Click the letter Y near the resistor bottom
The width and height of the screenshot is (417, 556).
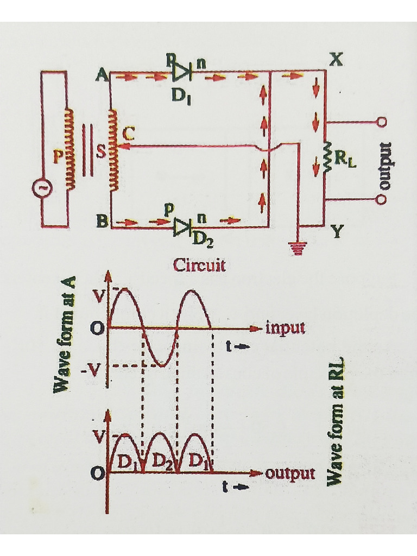(336, 233)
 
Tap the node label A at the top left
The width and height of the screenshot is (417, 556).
(101, 76)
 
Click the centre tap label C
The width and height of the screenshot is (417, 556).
(128, 132)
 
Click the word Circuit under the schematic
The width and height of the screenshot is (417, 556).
(199, 265)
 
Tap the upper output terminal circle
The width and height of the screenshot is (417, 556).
(382, 122)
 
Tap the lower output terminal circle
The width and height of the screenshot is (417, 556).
(382, 200)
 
